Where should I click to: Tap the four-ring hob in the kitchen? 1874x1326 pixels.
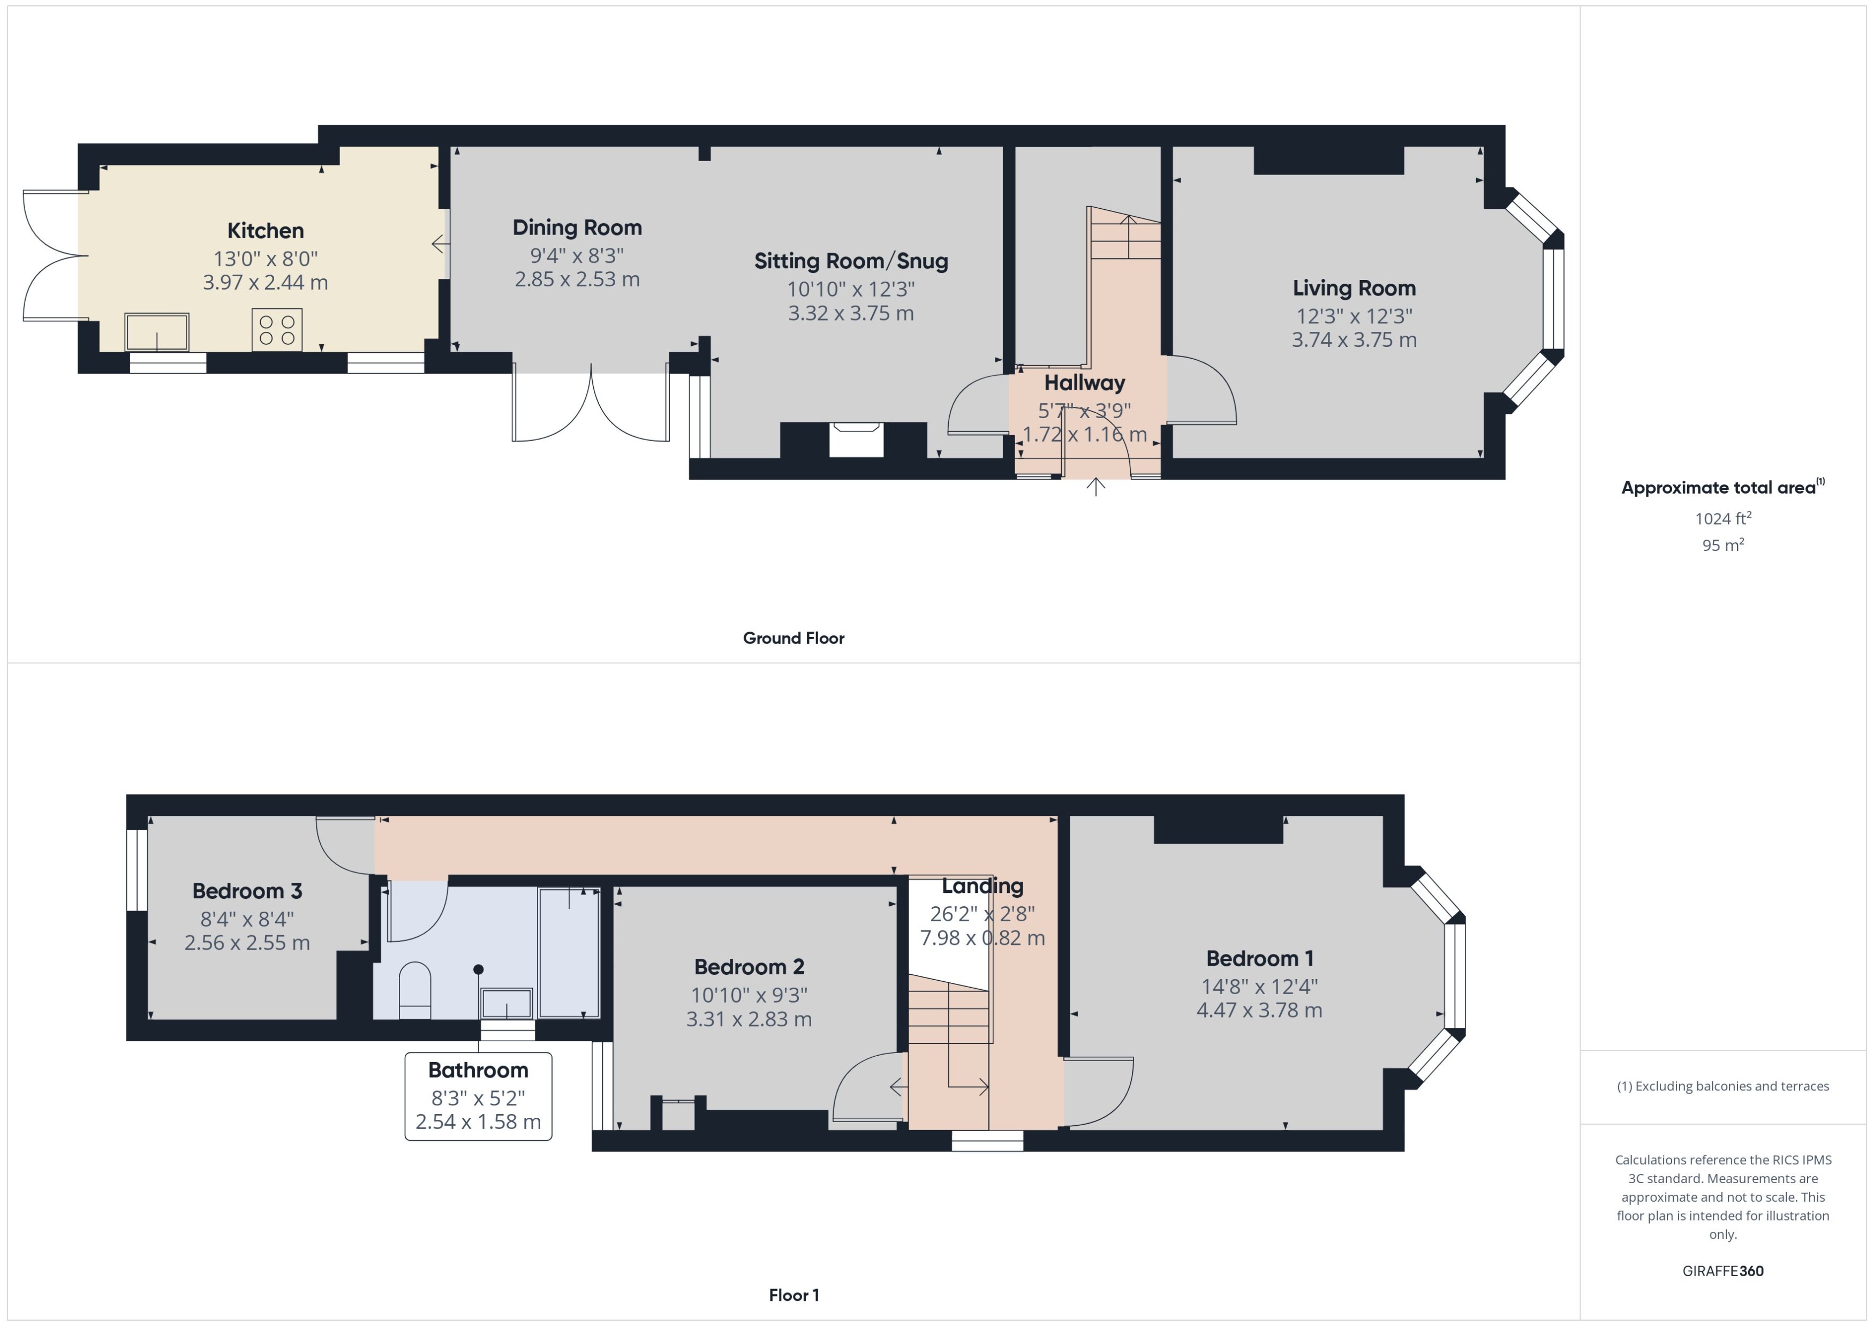277,330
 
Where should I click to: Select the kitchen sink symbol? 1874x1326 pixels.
157,331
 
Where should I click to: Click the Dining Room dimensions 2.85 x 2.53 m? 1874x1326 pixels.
577,279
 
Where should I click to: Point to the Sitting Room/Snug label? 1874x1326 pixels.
851,261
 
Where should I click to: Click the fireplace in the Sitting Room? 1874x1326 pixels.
856,440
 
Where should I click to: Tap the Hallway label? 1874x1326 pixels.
1084,382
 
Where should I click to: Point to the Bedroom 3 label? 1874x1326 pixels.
247,891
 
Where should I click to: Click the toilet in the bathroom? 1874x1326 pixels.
415,990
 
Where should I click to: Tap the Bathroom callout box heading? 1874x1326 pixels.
478,1070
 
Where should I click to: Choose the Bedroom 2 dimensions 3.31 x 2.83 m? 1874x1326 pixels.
749,1019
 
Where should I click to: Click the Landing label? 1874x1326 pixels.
983,886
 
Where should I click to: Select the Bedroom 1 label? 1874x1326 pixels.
1260,959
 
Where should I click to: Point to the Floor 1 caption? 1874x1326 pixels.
794,1295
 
